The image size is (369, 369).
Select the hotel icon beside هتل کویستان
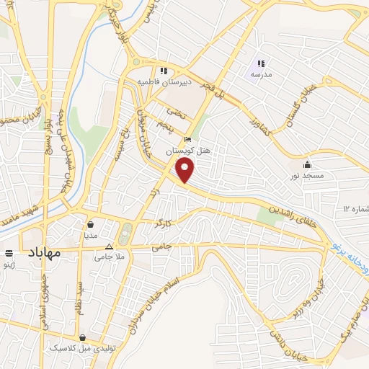tap(188, 140)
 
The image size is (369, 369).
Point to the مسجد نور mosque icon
tap(308, 164)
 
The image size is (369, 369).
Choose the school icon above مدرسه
tap(261, 63)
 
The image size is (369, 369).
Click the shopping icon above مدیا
tap(90, 224)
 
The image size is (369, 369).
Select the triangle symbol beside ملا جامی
tap(109, 246)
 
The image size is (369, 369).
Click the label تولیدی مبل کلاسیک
tap(81, 348)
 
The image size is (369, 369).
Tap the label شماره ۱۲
tap(355, 208)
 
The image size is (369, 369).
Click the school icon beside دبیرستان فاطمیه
tap(164, 71)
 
